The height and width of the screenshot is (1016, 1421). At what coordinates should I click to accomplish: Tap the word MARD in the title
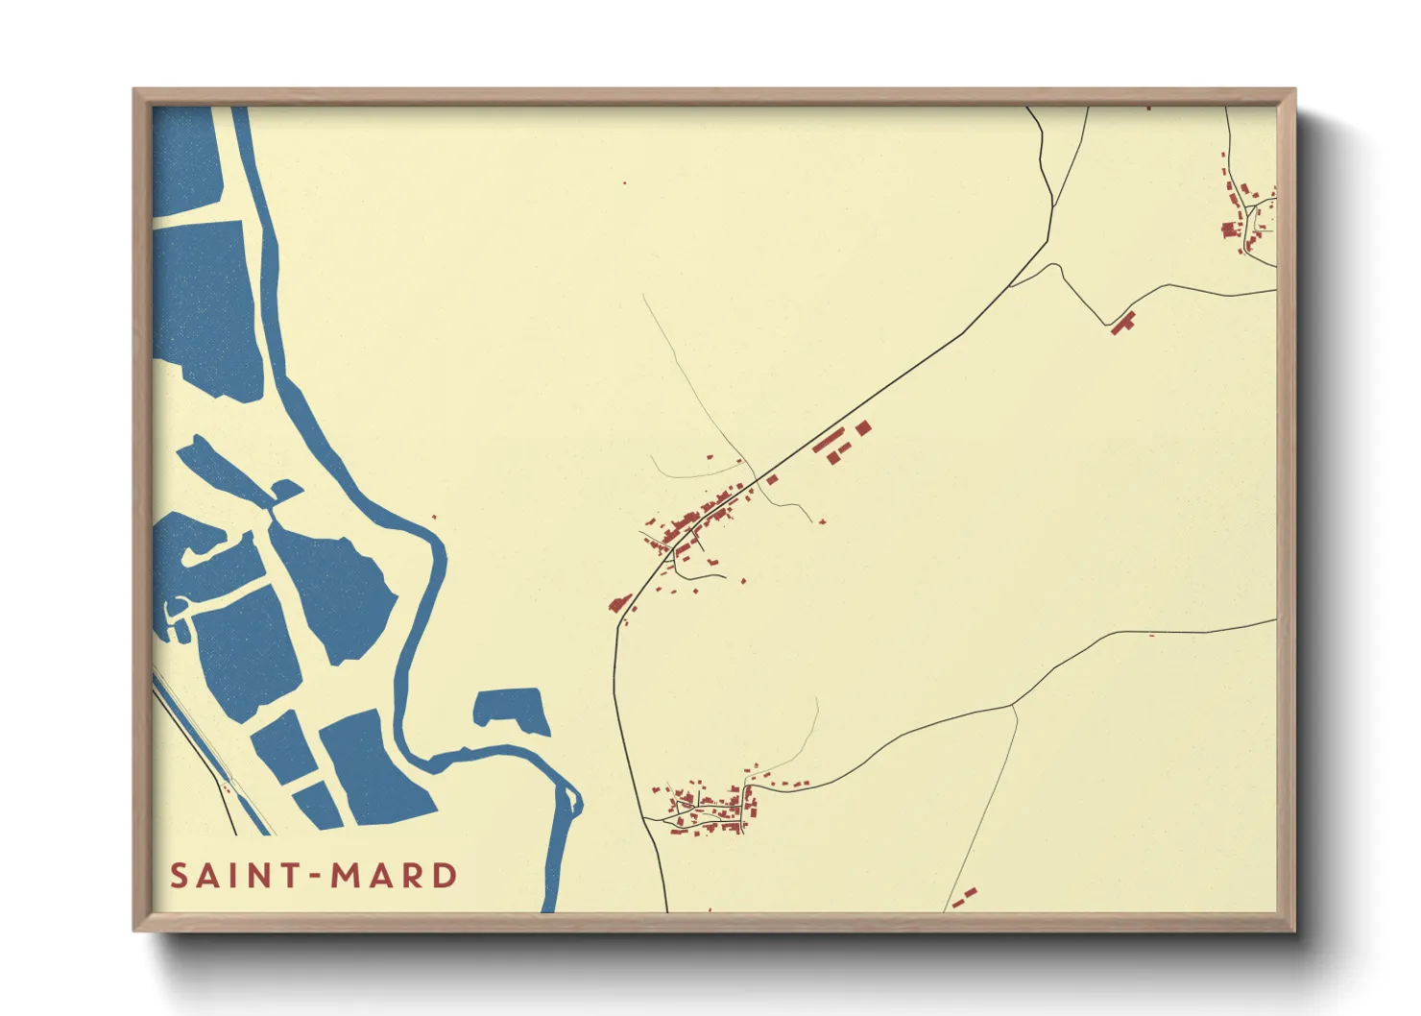coord(394,876)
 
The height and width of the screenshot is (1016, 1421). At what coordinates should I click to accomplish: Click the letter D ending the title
coord(445,876)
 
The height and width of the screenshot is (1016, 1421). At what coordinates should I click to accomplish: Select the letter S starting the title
coord(179,876)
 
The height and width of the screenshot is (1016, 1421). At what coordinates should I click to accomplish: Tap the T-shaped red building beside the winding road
coord(1122,323)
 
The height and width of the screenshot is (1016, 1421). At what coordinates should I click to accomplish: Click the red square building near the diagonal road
coord(863,427)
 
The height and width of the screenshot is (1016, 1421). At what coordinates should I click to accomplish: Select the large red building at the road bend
coord(619,603)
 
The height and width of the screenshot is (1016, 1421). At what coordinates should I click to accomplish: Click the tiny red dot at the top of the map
coord(625,182)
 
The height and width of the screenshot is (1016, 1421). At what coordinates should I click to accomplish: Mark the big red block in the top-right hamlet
coord(1229,230)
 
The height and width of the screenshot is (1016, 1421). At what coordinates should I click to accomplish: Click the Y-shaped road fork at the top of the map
coord(1053,206)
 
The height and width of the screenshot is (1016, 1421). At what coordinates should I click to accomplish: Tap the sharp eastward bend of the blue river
coord(439,552)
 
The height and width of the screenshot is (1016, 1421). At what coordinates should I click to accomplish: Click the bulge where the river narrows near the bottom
coord(573,800)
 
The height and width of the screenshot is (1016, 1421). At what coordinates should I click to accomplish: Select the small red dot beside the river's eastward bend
coord(434,517)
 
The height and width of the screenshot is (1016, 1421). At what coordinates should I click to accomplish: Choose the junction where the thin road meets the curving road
coord(1013,706)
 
